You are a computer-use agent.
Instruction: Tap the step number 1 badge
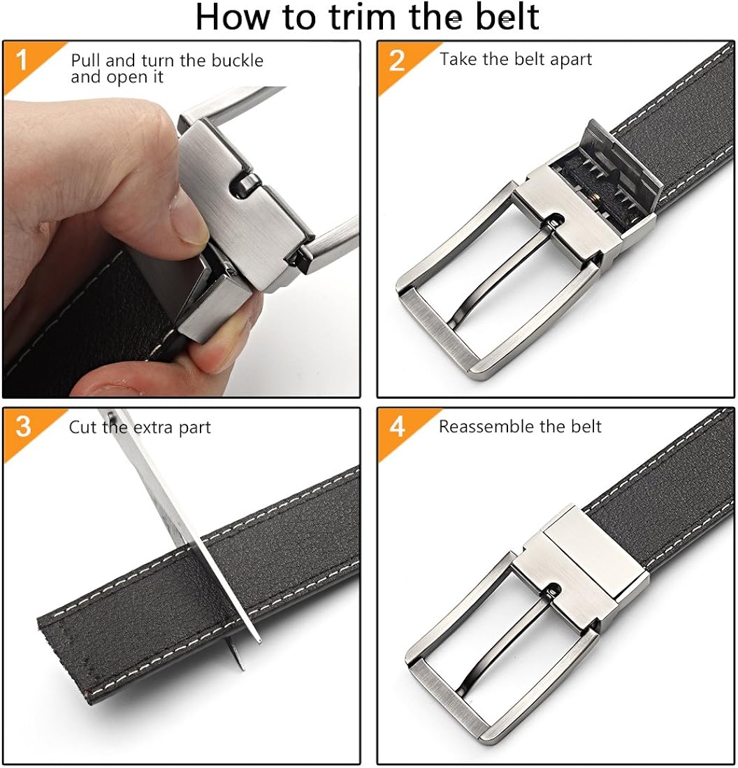(x=21, y=61)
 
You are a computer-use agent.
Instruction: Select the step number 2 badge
(x=396, y=61)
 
